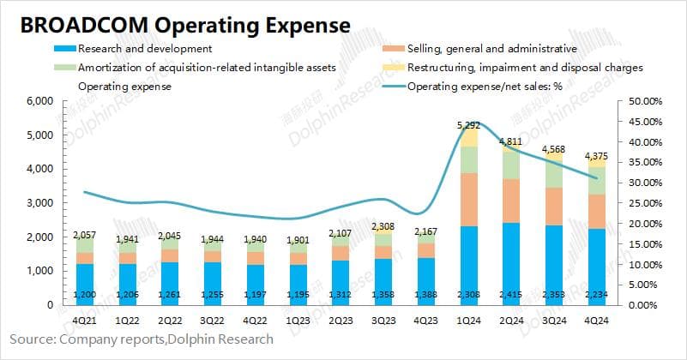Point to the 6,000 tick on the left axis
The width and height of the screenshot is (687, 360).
(x=40, y=101)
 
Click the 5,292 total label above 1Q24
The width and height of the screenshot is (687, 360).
(x=468, y=125)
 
